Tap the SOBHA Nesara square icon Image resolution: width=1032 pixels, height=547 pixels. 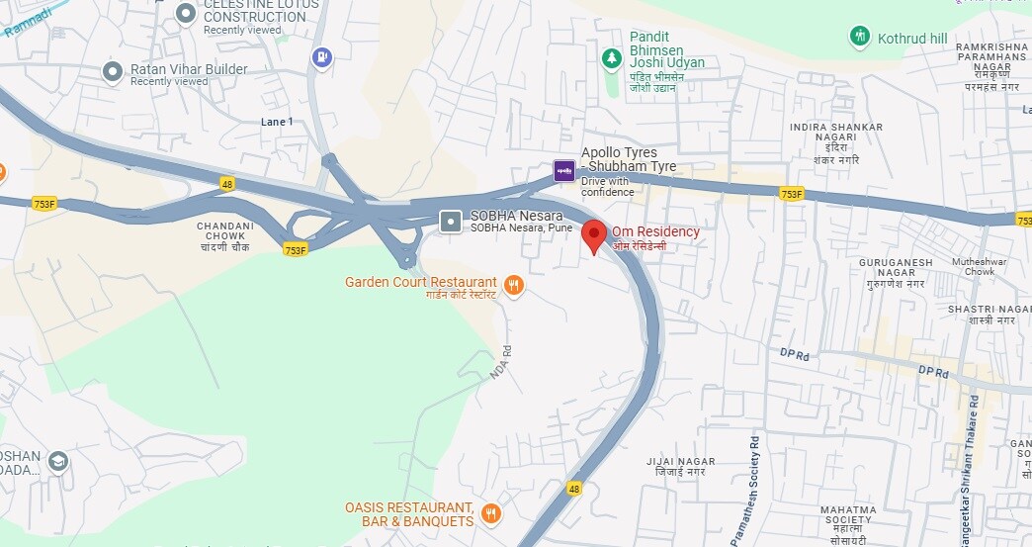(x=451, y=222)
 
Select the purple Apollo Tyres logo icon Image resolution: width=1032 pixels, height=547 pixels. (x=563, y=171)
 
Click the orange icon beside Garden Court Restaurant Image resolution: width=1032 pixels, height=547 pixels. (x=513, y=287)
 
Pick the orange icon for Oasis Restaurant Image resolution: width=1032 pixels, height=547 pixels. (x=490, y=513)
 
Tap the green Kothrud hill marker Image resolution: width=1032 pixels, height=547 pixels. (x=860, y=38)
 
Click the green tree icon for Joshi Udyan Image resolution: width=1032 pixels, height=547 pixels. (x=613, y=58)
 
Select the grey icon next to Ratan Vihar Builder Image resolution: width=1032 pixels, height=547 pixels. (x=114, y=70)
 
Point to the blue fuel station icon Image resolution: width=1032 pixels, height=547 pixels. (x=321, y=58)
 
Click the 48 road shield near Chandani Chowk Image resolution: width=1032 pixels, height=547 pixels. (x=227, y=184)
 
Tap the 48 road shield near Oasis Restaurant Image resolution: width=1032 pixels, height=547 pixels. (x=574, y=489)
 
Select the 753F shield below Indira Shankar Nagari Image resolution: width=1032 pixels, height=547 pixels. (x=791, y=195)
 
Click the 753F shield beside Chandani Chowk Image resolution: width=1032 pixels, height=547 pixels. (x=295, y=250)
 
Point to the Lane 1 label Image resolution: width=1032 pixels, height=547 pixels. (x=277, y=122)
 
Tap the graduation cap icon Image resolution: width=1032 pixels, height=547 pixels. (x=58, y=461)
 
